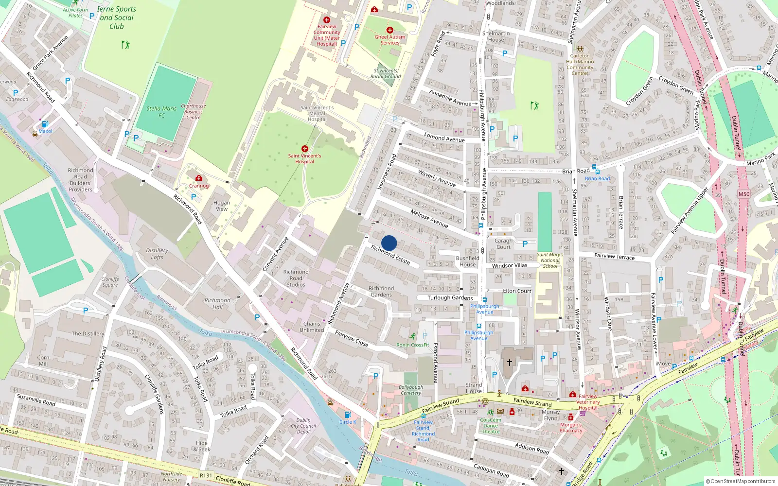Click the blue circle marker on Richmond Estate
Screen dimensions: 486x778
pyautogui.click(x=389, y=243)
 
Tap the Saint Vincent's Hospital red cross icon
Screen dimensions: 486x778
pyautogui.click(x=305, y=149)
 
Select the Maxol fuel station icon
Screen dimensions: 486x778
pyautogui.click(x=45, y=124)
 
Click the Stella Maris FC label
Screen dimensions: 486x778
pyautogui.click(x=161, y=112)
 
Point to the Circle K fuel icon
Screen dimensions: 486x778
pyautogui.click(x=348, y=415)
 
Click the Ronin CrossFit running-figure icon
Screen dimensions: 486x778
pyautogui.click(x=413, y=336)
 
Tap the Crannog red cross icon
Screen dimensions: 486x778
pyautogui.click(x=199, y=178)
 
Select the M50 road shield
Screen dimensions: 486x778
pyautogui.click(x=744, y=194)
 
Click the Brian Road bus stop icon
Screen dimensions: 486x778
pyautogui.click(x=597, y=172)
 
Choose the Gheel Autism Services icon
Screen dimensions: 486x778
pyautogui.click(x=389, y=30)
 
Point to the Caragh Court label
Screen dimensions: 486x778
pyautogui.click(x=504, y=243)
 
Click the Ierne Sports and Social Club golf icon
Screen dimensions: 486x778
pyautogui.click(x=126, y=45)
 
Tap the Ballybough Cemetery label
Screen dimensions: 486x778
pyautogui.click(x=411, y=390)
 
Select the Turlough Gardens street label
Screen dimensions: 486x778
pyautogui.click(x=450, y=298)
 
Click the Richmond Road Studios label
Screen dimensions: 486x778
pyautogui.click(x=296, y=278)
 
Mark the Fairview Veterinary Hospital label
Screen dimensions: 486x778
pyautogui.click(x=588, y=402)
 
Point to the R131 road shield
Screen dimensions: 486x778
pyautogui.click(x=206, y=475)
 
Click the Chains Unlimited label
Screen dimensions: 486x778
pyautogui.click(x=312, y=327)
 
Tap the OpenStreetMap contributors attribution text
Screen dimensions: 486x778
pyautogui.click(x=743, y=481)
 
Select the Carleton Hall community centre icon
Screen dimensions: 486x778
pyautogui.click(x=580, y=49)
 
